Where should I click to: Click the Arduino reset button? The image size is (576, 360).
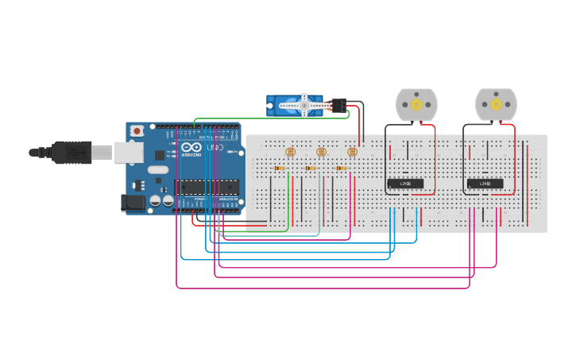[137, 130]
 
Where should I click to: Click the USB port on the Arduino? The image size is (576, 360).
[127, 153]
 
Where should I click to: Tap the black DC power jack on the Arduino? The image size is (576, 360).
[133, 203]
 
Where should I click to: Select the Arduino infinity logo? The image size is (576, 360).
[191, 148]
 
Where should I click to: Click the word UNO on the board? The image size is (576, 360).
[215, 148]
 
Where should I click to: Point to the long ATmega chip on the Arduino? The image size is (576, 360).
[207, 188]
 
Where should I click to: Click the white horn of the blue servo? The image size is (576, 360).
[304, 105]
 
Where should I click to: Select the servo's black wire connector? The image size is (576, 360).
[338, 105]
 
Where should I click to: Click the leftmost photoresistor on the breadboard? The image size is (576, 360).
[290, 151]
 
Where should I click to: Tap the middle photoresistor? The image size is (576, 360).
[321, 151]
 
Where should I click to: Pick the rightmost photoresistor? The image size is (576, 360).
[352, 151]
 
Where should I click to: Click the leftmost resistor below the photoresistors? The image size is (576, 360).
[280, 168]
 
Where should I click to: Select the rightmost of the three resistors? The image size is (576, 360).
[342, 168]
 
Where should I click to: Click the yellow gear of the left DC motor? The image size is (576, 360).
[416, 104]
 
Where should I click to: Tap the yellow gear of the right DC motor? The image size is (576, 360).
[496, 104]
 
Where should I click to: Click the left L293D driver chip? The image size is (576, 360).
[405, 184]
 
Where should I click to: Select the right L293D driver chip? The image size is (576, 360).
[485, 184]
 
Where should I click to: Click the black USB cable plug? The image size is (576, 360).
[72, 153]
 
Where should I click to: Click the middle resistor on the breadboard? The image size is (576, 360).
[311, 168]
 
